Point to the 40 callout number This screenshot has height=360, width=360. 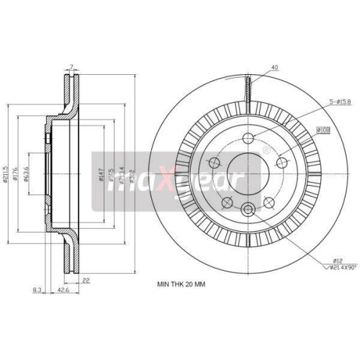click(274, 68)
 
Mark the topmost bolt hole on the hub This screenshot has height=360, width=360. click(248, 140)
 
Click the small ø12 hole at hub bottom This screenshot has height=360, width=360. click(248, 209)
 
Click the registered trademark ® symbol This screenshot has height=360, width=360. click(266, 149)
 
